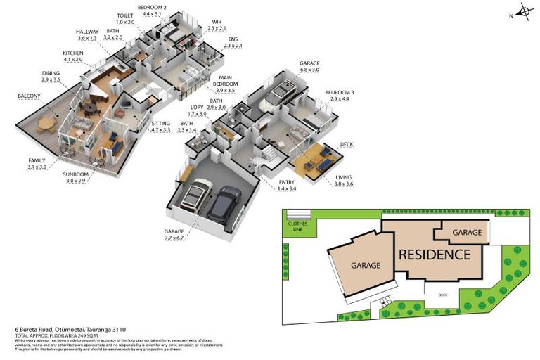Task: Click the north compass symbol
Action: [x=523, y=11]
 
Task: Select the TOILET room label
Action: [x=124, y=15]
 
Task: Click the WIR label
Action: [x=217, y=21]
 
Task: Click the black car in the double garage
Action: [x=224, y=202]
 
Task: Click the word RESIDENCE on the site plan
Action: [x=434, y=254]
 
